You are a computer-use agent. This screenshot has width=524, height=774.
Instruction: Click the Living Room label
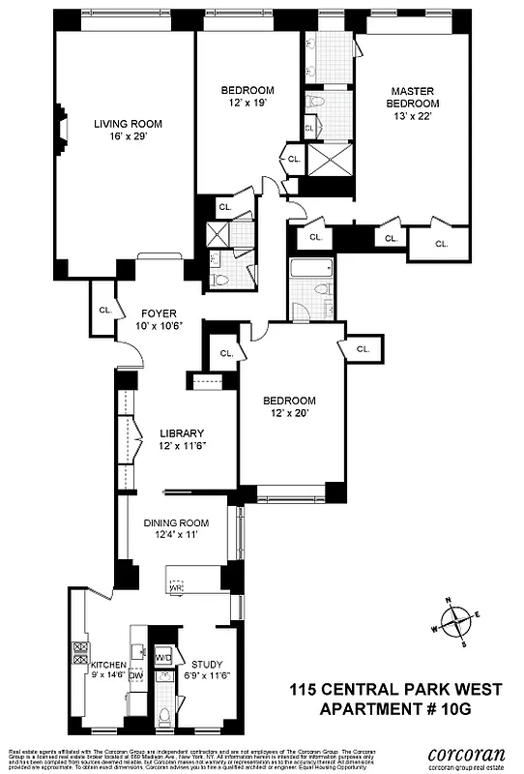click(x=128, y=124)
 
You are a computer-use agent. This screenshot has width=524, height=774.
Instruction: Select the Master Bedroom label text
click(x=412, y=97)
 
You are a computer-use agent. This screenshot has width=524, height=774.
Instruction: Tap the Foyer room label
click(x=160, y=313)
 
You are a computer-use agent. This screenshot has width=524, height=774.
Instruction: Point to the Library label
click(x=183, y=433)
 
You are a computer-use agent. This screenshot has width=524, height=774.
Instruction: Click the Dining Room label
click(x=177, y=523)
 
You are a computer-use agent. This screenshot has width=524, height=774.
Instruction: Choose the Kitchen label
click(x=108, y=667)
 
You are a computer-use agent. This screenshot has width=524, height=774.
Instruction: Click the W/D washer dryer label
click(x=163, y=658)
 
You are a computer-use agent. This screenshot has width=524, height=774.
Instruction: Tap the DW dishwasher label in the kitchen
click(x=135, y=676)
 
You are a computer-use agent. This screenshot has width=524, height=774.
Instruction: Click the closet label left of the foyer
click(x=104, y=310)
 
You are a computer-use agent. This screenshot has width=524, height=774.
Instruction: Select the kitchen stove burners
click(x=81, y=658)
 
